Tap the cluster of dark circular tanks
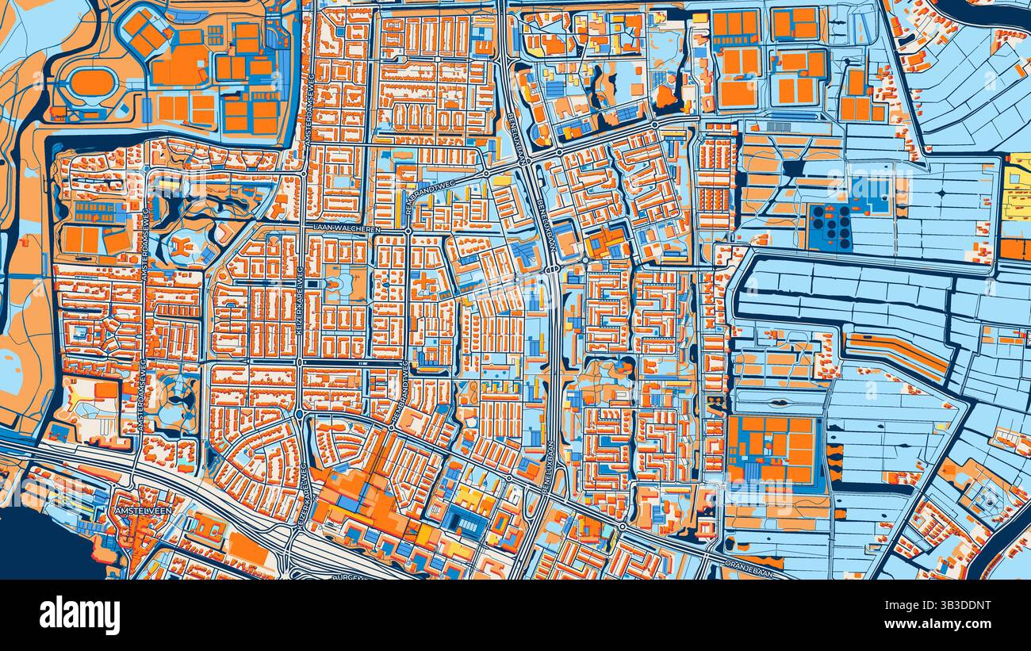click(830, 227)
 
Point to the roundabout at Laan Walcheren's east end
click(407, 231)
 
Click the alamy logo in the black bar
click(79, 615)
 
